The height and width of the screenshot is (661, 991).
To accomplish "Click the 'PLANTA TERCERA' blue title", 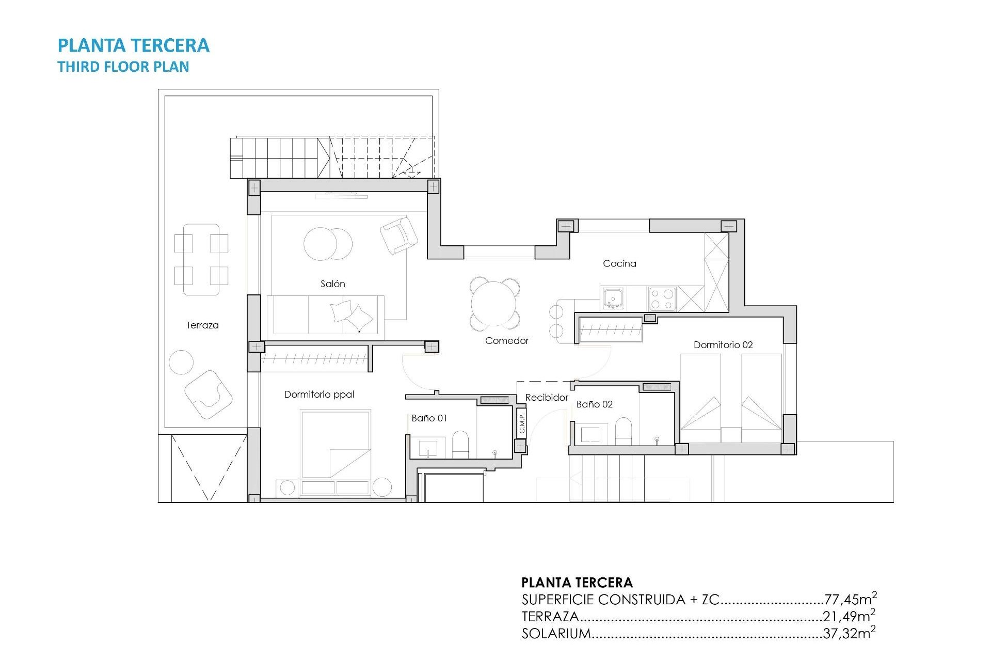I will (x=133, y=45).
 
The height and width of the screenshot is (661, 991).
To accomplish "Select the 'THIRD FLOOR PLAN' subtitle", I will (x=123, y=67).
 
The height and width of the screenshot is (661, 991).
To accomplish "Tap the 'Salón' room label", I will (x=332, y=284).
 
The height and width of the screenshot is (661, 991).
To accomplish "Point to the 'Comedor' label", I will (x=507, y=340).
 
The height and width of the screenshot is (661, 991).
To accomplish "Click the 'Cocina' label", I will (x=619, y=263).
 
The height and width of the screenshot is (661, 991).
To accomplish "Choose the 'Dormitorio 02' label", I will (x=723, y=344).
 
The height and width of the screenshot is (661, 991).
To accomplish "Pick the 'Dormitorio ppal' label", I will (x=319, y=394).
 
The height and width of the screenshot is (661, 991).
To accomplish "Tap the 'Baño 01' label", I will (x=429, y=418).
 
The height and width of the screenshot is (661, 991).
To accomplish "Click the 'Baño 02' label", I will (x=594, y=404).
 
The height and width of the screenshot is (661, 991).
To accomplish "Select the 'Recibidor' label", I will (x=547, y=397).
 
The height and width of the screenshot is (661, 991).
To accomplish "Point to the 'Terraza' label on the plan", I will (x=202, y=325).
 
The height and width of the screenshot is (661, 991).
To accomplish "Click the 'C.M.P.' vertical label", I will (x=522, y=423).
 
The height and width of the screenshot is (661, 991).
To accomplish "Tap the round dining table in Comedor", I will (x=494, y=304).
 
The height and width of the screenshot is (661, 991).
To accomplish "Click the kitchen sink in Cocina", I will (x=613, y=298).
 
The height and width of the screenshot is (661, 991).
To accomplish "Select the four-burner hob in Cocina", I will (x=662, y=298).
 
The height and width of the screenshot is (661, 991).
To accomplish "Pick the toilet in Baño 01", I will (x=460, y=445).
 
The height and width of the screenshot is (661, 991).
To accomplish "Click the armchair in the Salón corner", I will (x=399, y=235).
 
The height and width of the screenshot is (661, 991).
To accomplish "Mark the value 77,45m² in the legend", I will (x=850, y=599).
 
